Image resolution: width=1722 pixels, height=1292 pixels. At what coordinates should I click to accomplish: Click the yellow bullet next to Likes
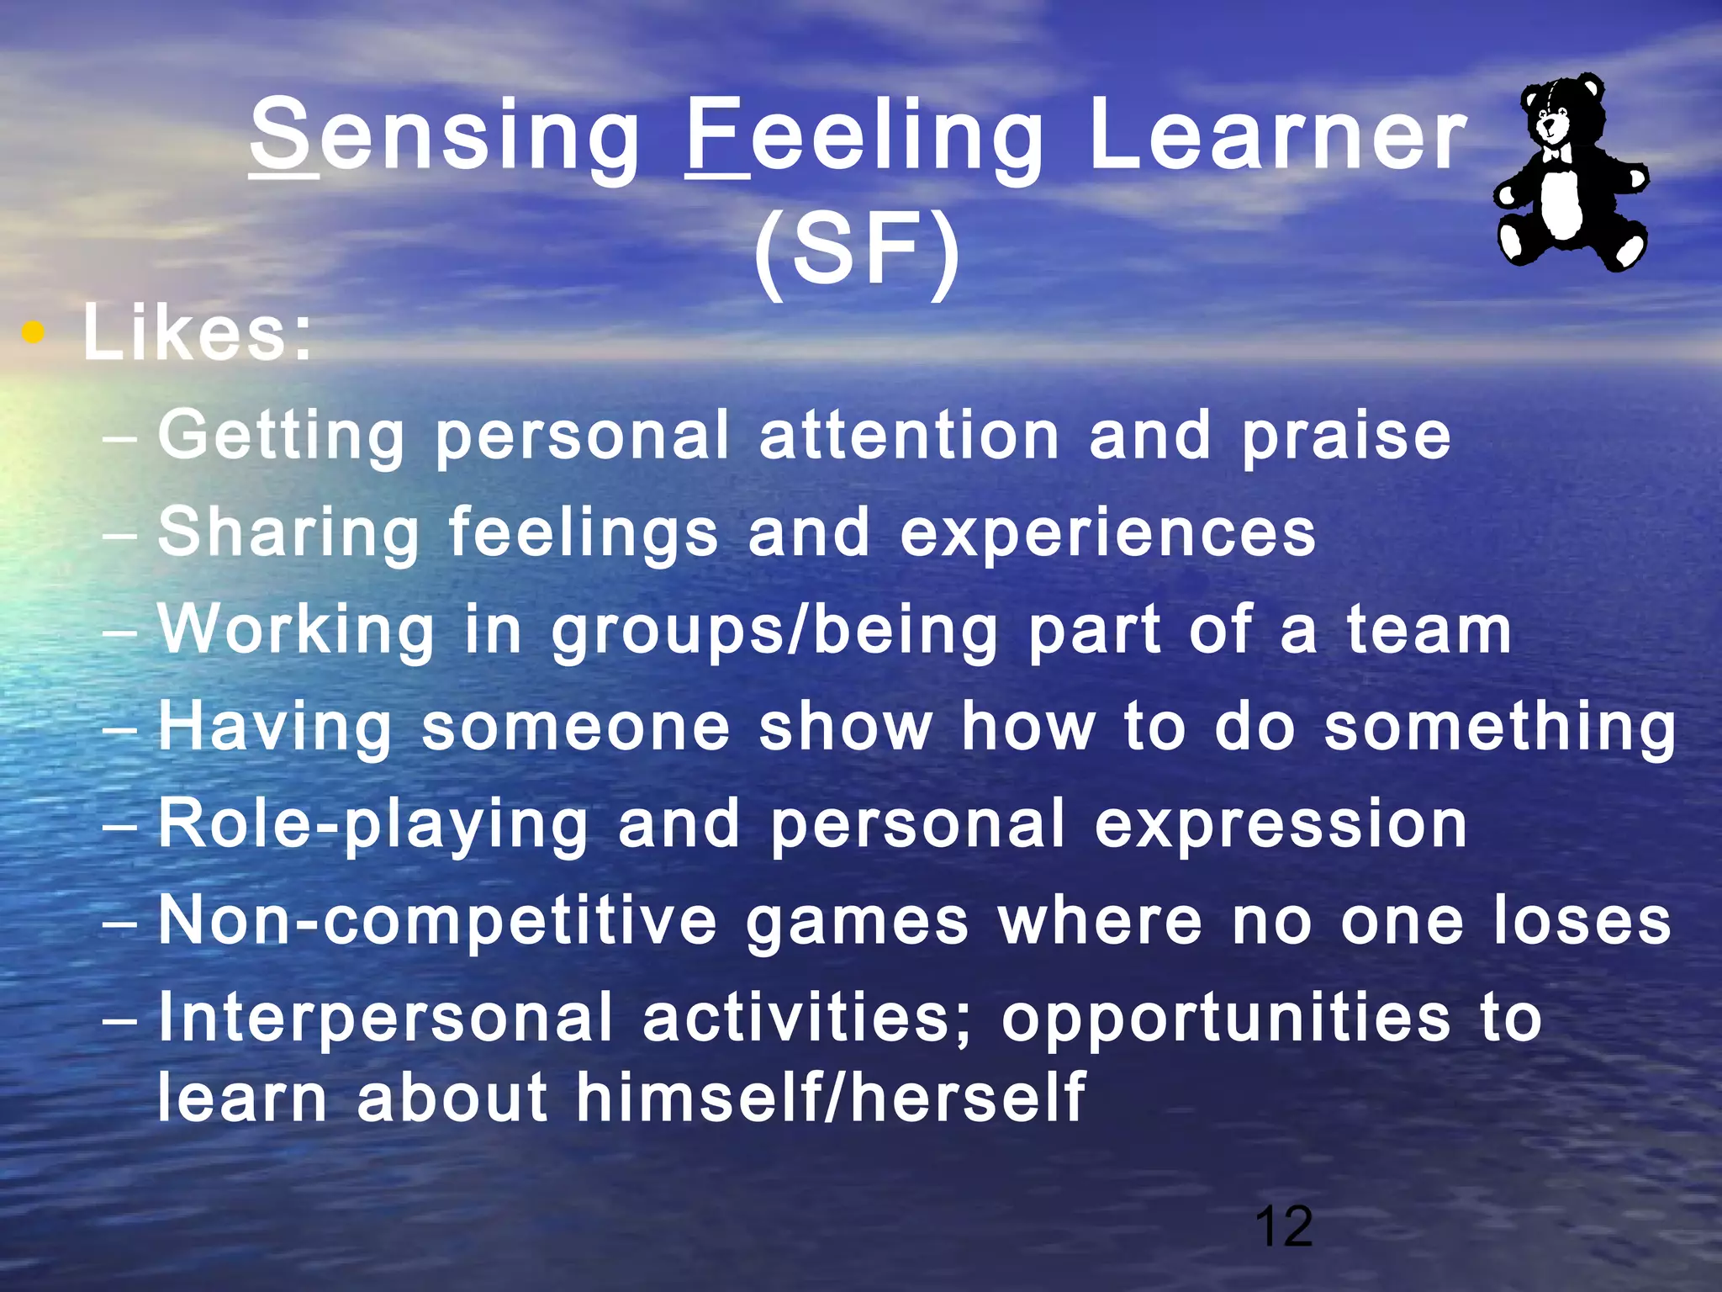tap(33, 333)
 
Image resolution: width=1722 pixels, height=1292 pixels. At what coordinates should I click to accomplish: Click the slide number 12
tap(1283, 1227)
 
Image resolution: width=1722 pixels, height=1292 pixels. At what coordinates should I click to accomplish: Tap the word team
tap(1429, 631)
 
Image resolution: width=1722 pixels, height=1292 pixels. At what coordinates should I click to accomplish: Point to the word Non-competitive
tap(437, 922)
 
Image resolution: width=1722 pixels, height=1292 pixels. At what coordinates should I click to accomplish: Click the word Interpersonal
tap(385, 1019)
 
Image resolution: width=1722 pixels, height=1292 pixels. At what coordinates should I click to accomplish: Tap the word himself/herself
tap(830, 1099)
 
